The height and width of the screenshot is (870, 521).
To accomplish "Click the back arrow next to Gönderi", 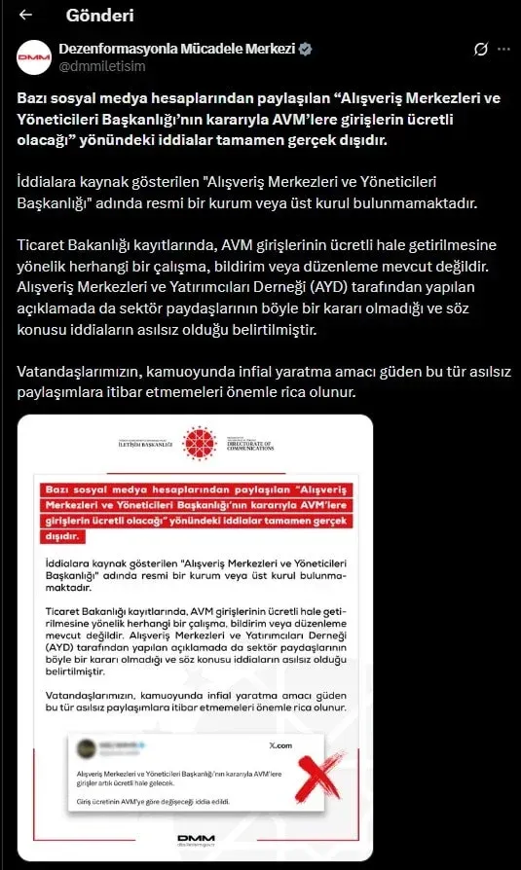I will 26,16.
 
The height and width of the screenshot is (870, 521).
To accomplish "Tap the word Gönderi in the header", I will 99,16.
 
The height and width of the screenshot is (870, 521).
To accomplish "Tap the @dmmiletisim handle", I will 103,66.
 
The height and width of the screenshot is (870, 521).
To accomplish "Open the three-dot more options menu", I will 503,49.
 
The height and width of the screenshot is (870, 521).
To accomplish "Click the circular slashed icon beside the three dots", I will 479,49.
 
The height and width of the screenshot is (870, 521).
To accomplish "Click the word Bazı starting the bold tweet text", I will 37,100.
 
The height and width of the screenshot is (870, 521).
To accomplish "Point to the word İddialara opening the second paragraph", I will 50,182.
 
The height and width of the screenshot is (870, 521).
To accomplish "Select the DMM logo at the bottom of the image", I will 197,840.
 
